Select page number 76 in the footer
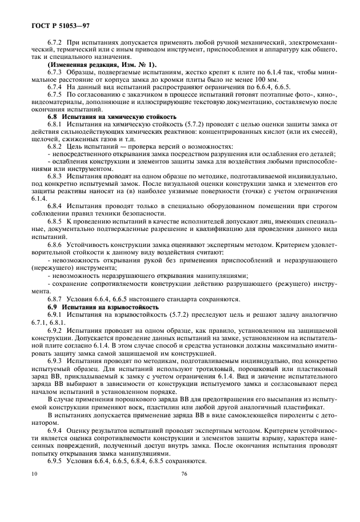point(184,474)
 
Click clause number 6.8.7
point(55,299)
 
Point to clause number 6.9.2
point(55,333)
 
